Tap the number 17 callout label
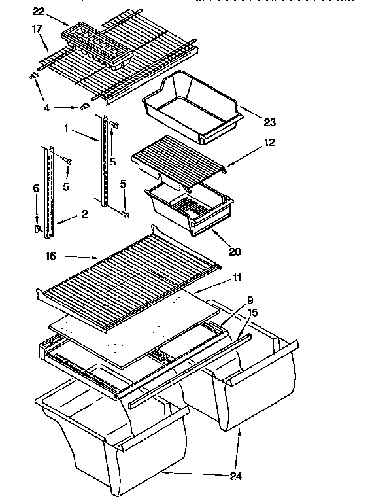[x=37, y=29]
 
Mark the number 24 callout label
[x=235, y=476]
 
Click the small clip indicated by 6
[x=38, y=228]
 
